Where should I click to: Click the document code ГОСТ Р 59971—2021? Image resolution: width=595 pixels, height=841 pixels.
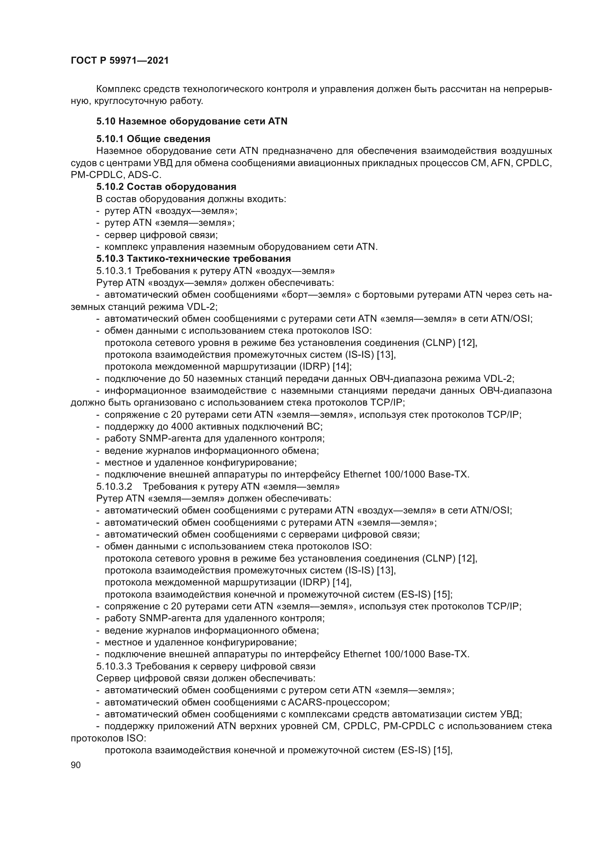coord(119,61)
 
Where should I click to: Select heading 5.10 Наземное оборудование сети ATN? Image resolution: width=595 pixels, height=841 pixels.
coord(192,121)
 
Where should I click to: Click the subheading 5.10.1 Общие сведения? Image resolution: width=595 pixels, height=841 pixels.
coord(153,139)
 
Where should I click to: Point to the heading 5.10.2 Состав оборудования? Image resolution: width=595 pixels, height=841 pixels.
coord(166,187)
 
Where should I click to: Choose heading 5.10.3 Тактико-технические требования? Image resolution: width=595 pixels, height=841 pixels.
coord(193,259)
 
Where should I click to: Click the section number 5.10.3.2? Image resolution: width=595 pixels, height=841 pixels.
coord(114,486)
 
